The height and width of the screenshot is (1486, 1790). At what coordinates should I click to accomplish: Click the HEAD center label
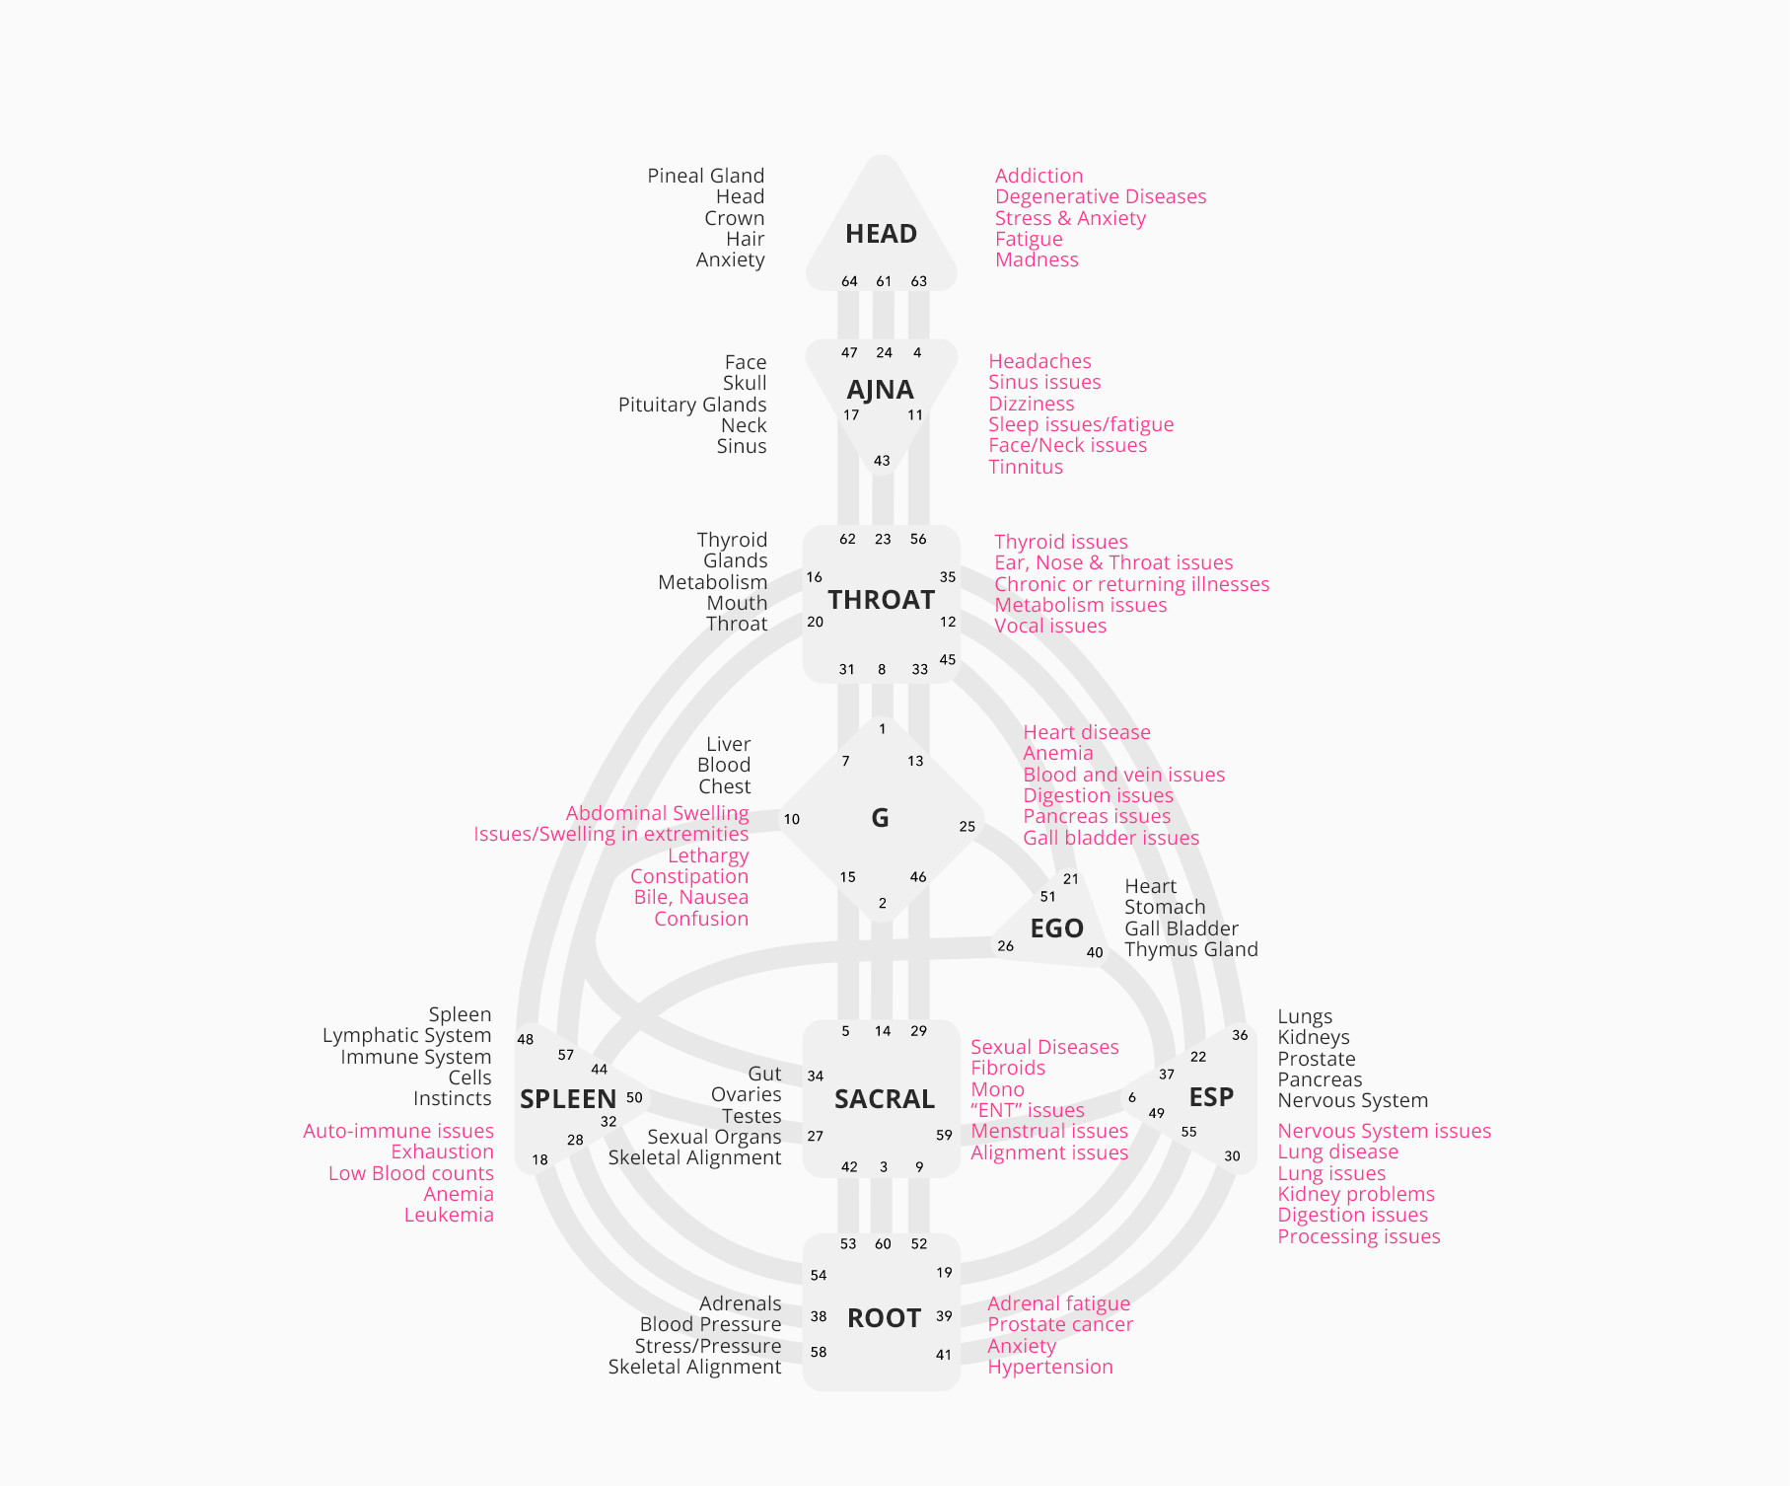[881, 234]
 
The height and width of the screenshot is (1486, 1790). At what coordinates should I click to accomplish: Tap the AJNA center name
[880, 390]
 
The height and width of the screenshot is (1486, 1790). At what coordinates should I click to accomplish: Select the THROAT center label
[881, 600]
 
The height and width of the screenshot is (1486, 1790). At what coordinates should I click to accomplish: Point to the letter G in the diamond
[880, 818]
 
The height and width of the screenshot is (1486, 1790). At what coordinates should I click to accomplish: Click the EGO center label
[1056, 929]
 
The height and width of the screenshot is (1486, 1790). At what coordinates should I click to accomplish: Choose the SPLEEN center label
[567, 1099]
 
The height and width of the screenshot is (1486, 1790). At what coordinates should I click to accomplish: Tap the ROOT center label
[884, 1318]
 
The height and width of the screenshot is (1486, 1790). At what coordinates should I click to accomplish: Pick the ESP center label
[1211, 1097]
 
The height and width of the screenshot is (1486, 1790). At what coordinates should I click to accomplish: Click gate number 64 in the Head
[849, 281]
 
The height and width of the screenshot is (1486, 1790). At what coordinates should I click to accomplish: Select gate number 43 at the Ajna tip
[882, 461]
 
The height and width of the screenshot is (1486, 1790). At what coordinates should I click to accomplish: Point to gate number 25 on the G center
[967, 827]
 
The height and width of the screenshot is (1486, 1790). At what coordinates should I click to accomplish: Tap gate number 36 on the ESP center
[1240, 1035]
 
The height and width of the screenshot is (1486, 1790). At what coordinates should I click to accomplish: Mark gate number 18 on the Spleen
[539, 1159]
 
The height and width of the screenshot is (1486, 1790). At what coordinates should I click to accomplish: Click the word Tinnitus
[1026, 467]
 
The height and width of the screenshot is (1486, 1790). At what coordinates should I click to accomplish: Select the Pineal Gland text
[705, 176]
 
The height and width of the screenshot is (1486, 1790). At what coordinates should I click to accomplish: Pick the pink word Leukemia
[449, 1215]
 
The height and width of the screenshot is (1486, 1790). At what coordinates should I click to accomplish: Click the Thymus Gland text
[1190, 949]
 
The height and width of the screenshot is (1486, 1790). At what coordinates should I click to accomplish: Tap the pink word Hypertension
[1049, 1367]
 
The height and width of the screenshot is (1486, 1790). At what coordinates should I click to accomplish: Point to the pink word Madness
[1037, 260]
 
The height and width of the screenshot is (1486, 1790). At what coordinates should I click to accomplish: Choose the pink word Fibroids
[1007, 1068]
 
